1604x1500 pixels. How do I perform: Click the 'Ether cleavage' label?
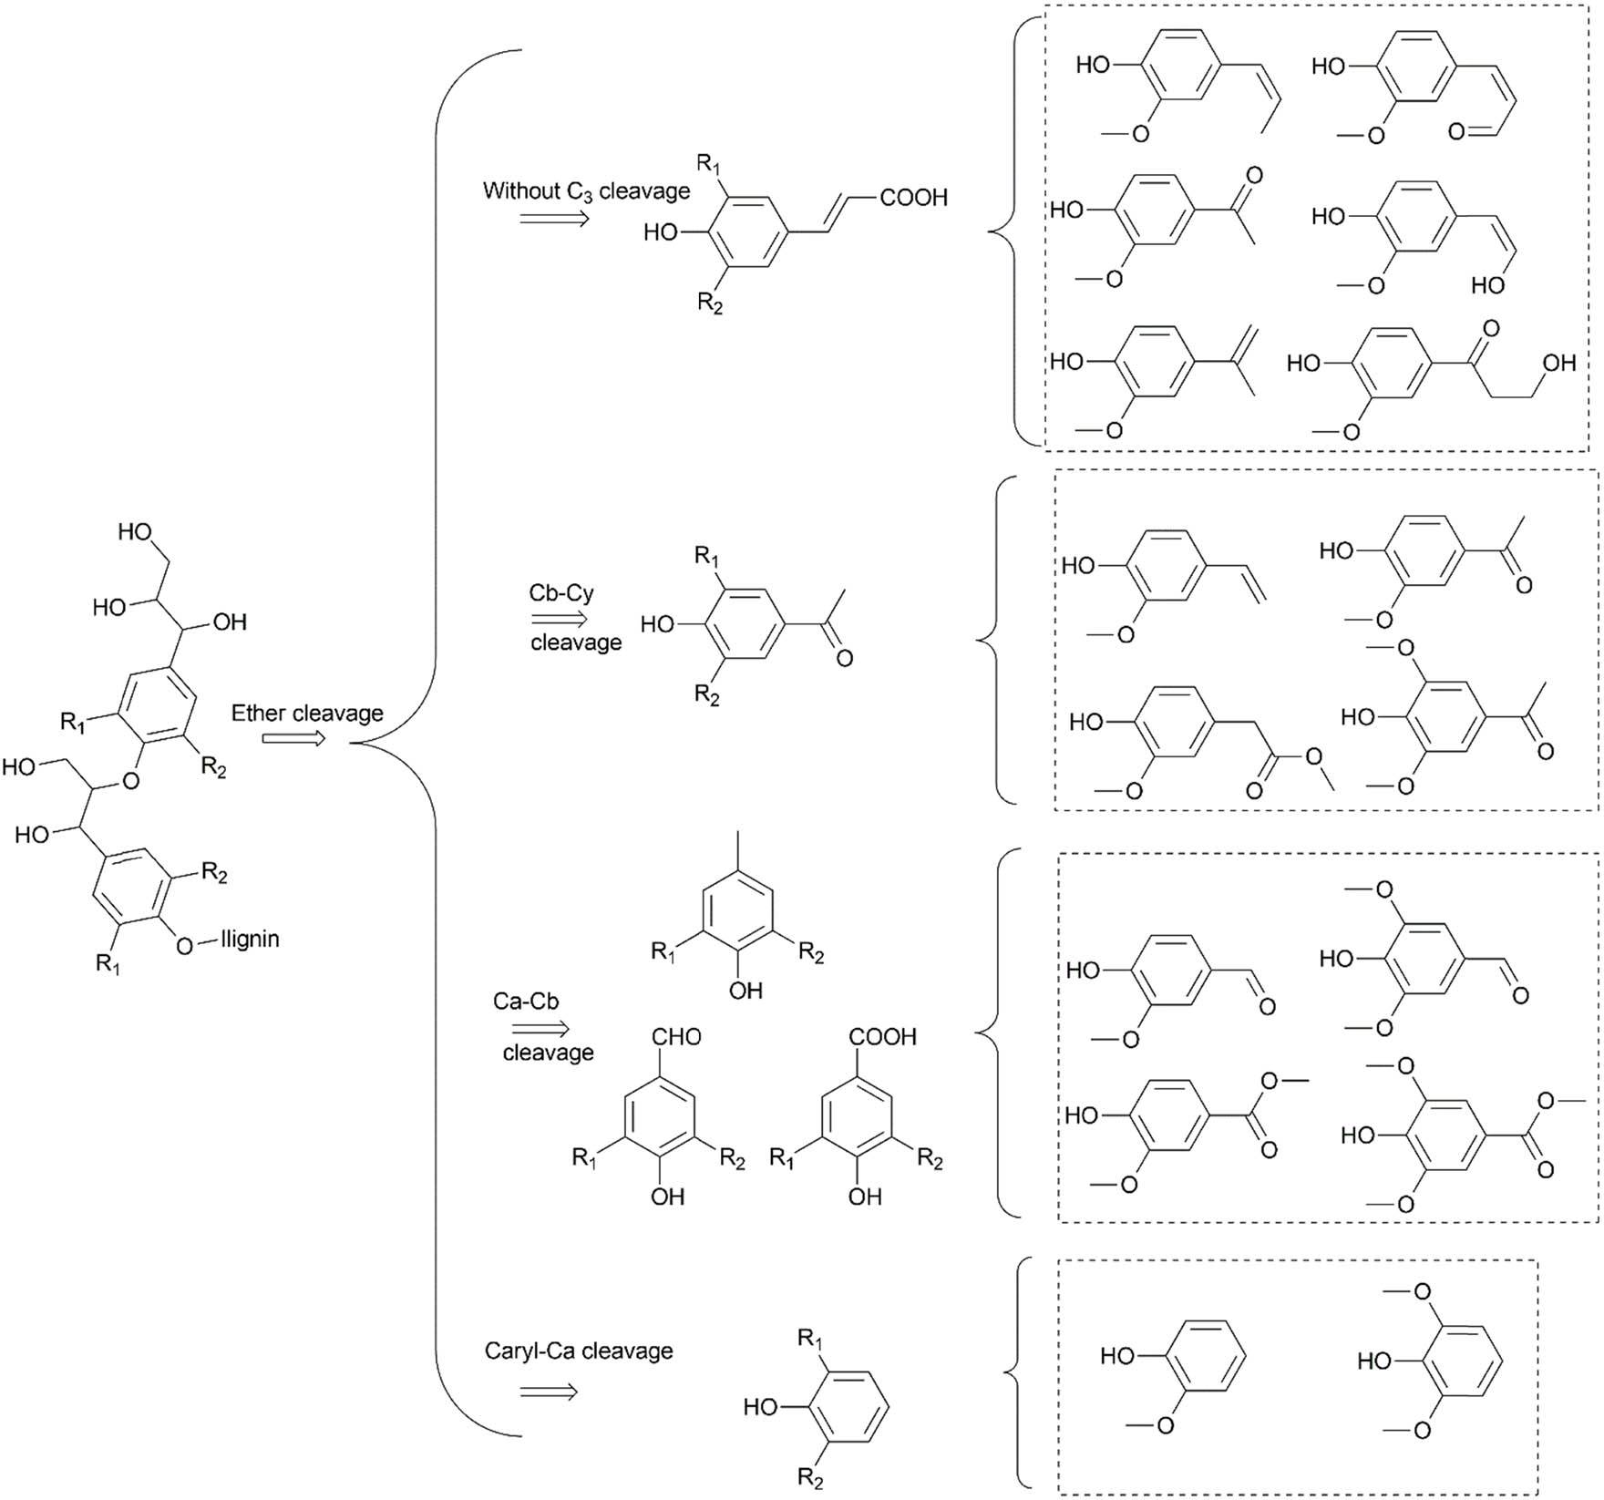pos(306,713)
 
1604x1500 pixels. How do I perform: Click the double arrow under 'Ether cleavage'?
pos(293,738)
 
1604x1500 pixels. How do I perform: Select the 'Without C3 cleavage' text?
pos(586,191)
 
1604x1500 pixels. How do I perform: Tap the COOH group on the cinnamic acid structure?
pos(913,198)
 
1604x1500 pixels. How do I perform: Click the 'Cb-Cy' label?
pos(561,593)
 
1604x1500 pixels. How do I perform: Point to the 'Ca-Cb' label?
pos(526,1001)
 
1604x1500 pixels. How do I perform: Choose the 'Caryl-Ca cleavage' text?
pos(578,1351)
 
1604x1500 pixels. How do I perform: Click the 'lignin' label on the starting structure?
pos(251,939)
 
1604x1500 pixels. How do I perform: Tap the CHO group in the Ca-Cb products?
pos(676,1037)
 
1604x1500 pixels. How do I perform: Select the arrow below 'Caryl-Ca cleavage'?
pos(549,1392)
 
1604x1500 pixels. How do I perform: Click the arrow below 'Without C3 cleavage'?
pos(554,219)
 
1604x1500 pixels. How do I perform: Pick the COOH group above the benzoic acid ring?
pos(882,1037)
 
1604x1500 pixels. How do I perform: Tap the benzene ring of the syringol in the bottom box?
pos(1465,1361)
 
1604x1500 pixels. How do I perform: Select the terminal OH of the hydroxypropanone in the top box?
pos(1559,363)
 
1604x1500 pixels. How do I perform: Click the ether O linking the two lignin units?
pos(130,781)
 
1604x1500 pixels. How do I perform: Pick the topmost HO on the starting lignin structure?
pos(134,532)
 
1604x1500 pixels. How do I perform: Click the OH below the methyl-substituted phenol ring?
pos(745,991)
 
